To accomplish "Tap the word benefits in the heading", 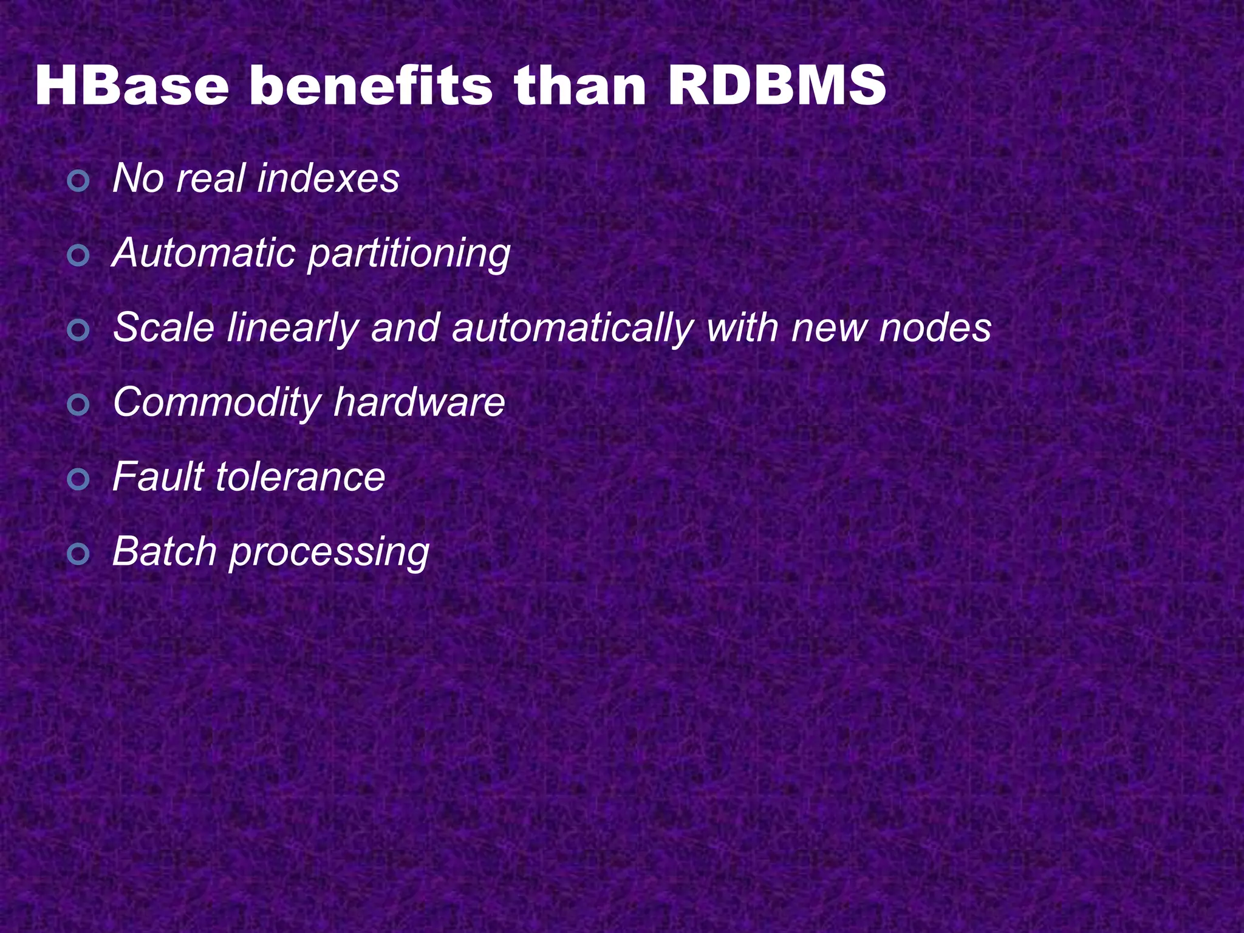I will [x=371, y=86].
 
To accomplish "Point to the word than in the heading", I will [x=580, y=86].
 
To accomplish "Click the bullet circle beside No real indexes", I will [x=78, y=180].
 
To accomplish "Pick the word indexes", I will [x=328, y=179].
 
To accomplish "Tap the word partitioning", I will [x=409, y=255].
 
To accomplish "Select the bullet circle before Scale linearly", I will [x=78, y=330].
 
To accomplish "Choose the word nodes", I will [x=935, y=328].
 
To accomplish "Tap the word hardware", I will [x=419, y=402].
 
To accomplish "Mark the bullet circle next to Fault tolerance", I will [x=78, y=479].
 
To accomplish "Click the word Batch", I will [x=165, y=552].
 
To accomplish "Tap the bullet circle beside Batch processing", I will [x=78, y=553].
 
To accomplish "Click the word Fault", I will [x=159, y=477].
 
